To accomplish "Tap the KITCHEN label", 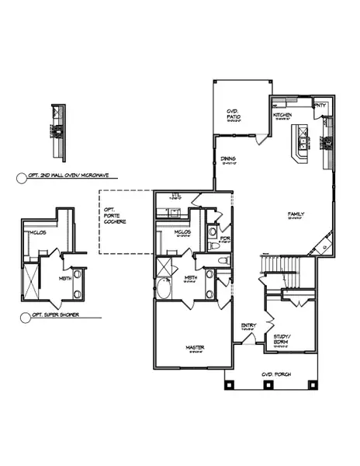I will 282,116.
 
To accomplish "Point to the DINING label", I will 228,161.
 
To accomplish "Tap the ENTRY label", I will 248,326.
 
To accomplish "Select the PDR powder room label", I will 225,238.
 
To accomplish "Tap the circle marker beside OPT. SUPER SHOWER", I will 19,317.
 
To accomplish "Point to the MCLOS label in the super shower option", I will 36,232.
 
